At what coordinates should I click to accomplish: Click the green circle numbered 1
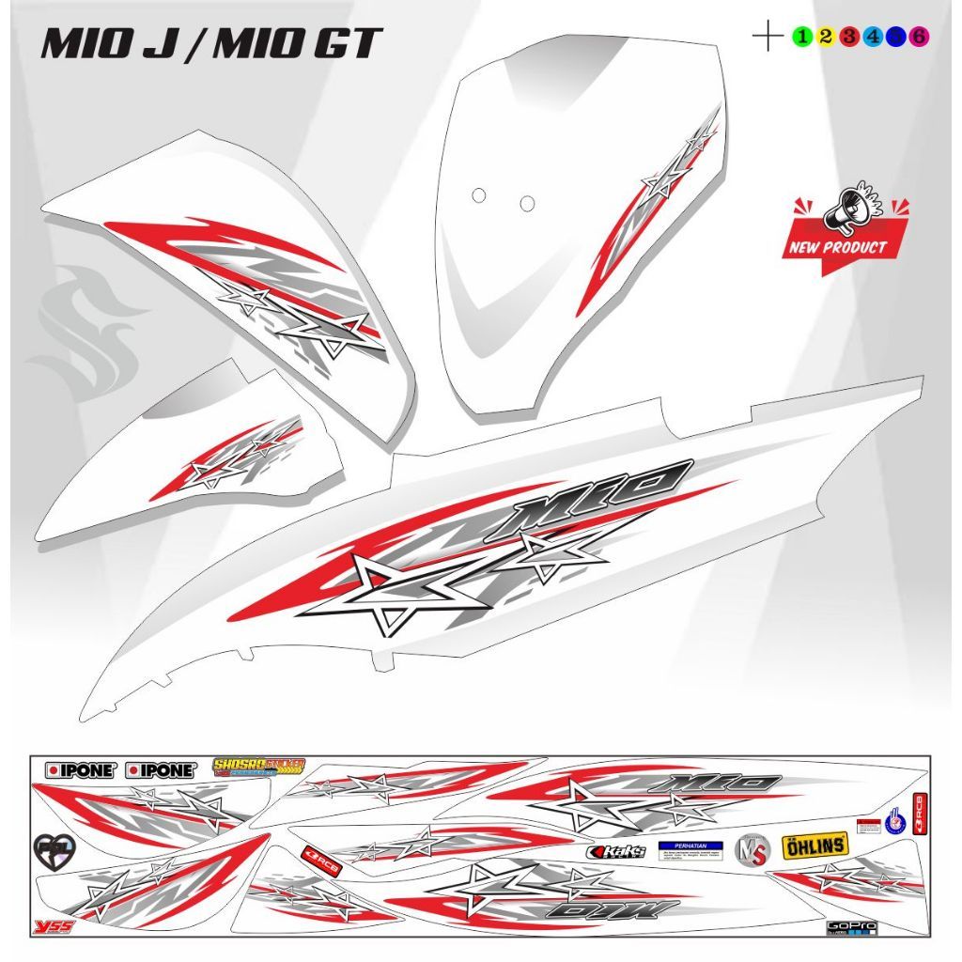click(801, 37)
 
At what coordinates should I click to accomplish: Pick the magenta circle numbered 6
click(920, 37)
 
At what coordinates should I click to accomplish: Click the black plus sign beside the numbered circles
click(768, 37)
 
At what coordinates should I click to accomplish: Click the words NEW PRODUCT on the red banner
click(835, 248)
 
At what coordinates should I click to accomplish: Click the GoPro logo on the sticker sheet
click(851, 926)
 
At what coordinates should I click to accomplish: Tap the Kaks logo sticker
click(616, 851)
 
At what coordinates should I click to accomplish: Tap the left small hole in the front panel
click(478, 195)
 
